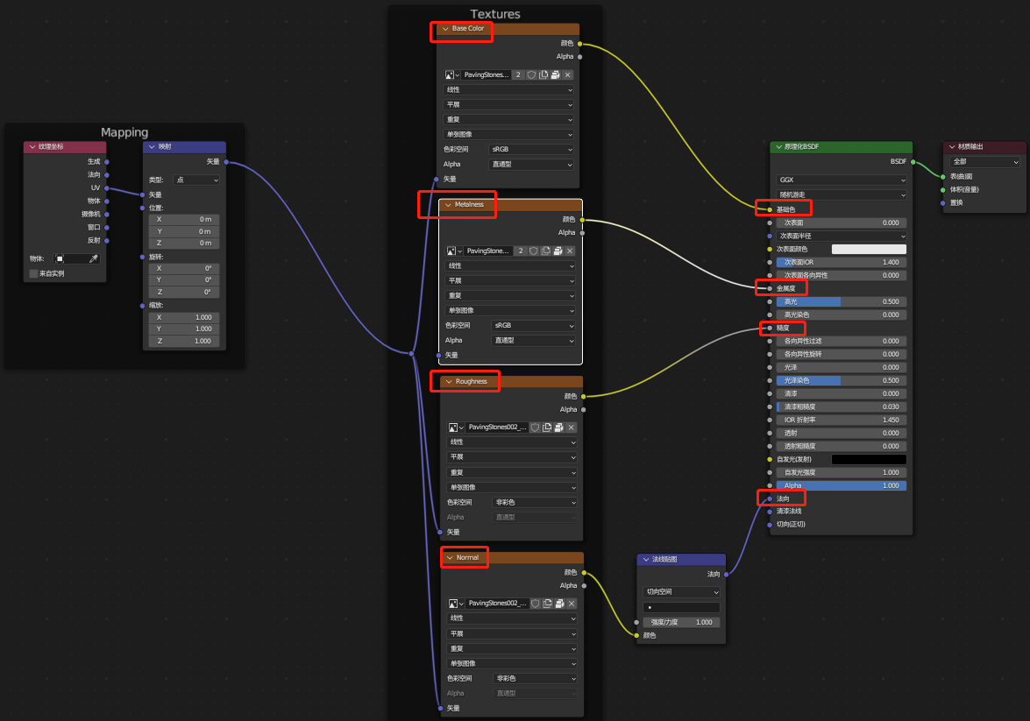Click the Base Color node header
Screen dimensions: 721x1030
tap(468, 29)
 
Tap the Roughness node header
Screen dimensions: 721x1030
tap(471, 382)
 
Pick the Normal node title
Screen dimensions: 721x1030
tap(467, 558)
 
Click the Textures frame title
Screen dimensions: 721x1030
tap(495, 14)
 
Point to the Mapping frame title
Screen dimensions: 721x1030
tap(124, 132)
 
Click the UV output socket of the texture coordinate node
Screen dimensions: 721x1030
tap(107, 187)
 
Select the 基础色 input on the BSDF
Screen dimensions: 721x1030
tap(785, 209)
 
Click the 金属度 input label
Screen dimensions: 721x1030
tap(785, 288)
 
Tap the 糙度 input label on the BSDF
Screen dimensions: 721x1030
tap(783, 328)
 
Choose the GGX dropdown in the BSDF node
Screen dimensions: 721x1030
tap(841, 180)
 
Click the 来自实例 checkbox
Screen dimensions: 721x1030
tap(34, 273)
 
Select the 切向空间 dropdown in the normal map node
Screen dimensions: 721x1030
tap(681, 592)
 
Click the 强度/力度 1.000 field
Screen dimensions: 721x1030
tap(681, 622)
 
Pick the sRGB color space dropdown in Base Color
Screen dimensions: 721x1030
tap(530, 149)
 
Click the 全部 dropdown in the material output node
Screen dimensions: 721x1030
tap(985, 162)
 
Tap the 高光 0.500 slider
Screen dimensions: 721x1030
tap(841, 301)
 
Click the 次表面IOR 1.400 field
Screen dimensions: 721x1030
tap(841, 262)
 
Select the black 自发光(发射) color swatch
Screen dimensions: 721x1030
tap(869, 459)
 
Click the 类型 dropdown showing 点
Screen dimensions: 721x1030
tap(196, 180)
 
